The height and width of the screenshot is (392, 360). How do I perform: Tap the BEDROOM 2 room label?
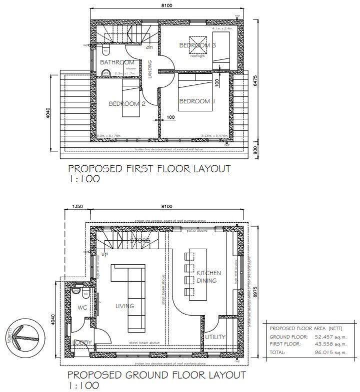tap(127, 104)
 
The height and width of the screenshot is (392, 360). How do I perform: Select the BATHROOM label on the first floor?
tap(117, 62)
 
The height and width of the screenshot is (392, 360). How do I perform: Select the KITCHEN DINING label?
tap(208, 277)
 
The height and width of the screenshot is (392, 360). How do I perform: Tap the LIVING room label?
tap(124, 306)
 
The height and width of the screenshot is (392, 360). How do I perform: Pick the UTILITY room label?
tap(215, 337)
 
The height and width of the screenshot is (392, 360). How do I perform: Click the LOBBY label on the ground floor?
tap(81, 342)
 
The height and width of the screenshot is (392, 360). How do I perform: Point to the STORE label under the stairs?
tap(140, 241)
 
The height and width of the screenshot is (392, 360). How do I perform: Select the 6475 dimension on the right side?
tap(255, 84)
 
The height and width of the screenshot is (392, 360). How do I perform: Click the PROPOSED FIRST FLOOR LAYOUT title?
tap(149, 169)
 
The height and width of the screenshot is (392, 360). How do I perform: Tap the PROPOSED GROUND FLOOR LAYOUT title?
tap(156, 375)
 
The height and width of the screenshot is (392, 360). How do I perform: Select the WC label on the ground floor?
tap(82, 308)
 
